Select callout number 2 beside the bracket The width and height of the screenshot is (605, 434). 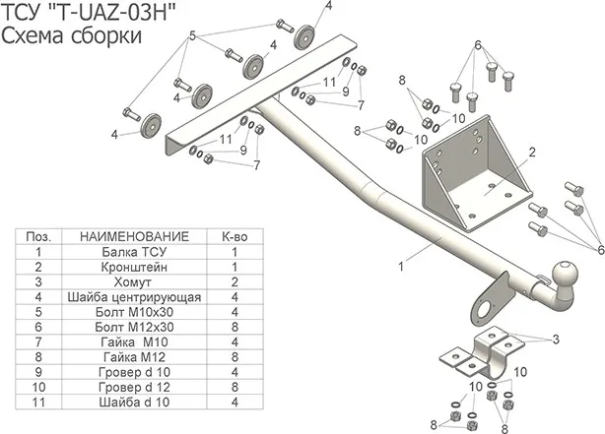click(530, 152)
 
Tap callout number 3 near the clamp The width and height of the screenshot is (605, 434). click(556, 340)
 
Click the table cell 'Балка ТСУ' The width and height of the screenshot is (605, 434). click(133, 251)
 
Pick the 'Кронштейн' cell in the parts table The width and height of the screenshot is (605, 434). click(133, 266)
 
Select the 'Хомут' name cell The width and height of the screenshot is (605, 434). click(133, 281)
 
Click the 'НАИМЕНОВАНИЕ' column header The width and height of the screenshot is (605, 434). click(133, 236)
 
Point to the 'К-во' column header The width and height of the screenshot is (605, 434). click(234, 236)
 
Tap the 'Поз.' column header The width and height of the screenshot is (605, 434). click(38, 236)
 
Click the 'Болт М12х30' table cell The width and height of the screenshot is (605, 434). click(133, 327)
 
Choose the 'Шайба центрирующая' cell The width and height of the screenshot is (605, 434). click(133, 296)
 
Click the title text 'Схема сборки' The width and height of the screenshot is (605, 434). click(70, 35)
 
